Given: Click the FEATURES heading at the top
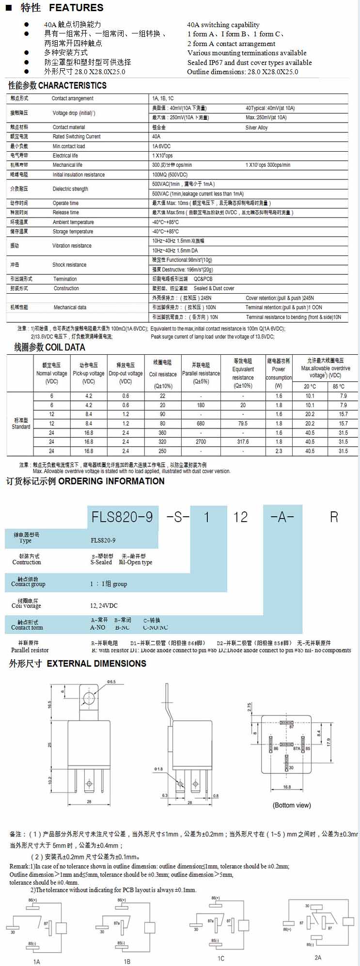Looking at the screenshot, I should [76, 8].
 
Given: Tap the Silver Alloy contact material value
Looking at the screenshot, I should [256, 127].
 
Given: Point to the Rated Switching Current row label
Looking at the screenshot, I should [77, 137].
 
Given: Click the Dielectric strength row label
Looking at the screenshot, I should [70, 189].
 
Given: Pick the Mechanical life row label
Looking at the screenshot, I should [67, 165].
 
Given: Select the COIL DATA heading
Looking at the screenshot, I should [64, 348].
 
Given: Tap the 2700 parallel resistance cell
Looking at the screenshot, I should [201, 442].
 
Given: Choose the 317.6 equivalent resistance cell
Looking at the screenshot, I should [243, 442].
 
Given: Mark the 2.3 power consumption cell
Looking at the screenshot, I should [279, 451].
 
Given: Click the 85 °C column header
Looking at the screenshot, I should [339, 387].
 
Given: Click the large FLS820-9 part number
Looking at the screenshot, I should [123, 517].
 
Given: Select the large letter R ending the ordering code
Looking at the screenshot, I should [334, 517].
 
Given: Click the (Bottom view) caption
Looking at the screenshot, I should [292, 806].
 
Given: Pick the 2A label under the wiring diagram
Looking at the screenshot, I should [318, 957].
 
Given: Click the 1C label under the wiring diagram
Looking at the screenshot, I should [221, 958].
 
